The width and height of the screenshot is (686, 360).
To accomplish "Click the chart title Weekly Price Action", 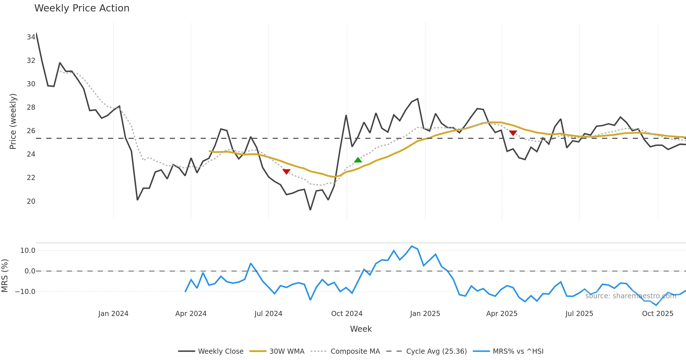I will tap(82, 8).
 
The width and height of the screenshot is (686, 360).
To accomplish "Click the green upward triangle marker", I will tap(358, 160).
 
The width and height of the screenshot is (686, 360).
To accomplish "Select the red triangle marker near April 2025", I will tap(513, 133).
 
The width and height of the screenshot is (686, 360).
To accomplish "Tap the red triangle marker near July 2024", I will tap(286, 171).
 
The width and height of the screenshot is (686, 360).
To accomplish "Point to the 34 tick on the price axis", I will tap(31, 37).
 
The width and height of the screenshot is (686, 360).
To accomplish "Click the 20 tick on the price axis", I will tap(31, 201).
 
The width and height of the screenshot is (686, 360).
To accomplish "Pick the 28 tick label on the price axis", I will tap(31, 107).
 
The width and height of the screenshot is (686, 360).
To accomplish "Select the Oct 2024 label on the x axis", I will tap(347, 314).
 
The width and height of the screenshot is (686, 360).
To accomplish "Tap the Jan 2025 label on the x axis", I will tap(425, 314).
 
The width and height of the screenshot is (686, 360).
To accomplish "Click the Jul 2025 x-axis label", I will tap(579, 314).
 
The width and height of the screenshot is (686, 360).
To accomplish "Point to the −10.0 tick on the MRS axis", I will tap(25, 292).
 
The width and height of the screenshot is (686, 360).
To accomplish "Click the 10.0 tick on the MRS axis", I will tap(28, 251).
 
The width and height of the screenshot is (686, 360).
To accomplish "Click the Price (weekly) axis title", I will tap(13, 121).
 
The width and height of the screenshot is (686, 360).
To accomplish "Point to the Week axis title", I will tap(361, 329).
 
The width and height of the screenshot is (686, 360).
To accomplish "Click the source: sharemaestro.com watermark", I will tap(631, 296).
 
